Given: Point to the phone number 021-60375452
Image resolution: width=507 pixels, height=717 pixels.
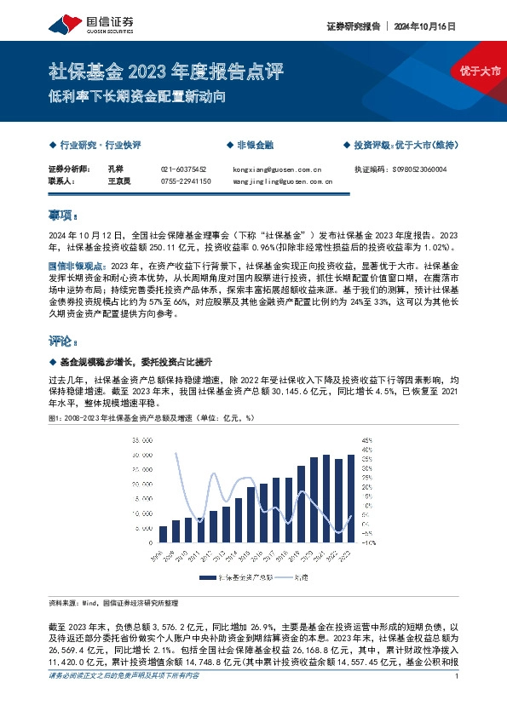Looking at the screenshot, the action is click(x=183, y=169).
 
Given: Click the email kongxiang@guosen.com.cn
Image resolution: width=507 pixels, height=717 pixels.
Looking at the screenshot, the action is click(x=276, y=169).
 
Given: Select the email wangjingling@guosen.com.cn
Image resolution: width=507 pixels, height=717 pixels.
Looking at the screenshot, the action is click(x=282, y=181).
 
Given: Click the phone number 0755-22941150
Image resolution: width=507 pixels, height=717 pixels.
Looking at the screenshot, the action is click(x=185, y=181).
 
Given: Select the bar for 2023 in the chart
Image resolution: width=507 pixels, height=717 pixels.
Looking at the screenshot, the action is click(x=351, y=499).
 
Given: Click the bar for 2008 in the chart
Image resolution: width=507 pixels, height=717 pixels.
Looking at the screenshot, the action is click(x=164, y=534).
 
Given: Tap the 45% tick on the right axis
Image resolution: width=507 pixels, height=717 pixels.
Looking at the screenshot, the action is click(x=368, y=440).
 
